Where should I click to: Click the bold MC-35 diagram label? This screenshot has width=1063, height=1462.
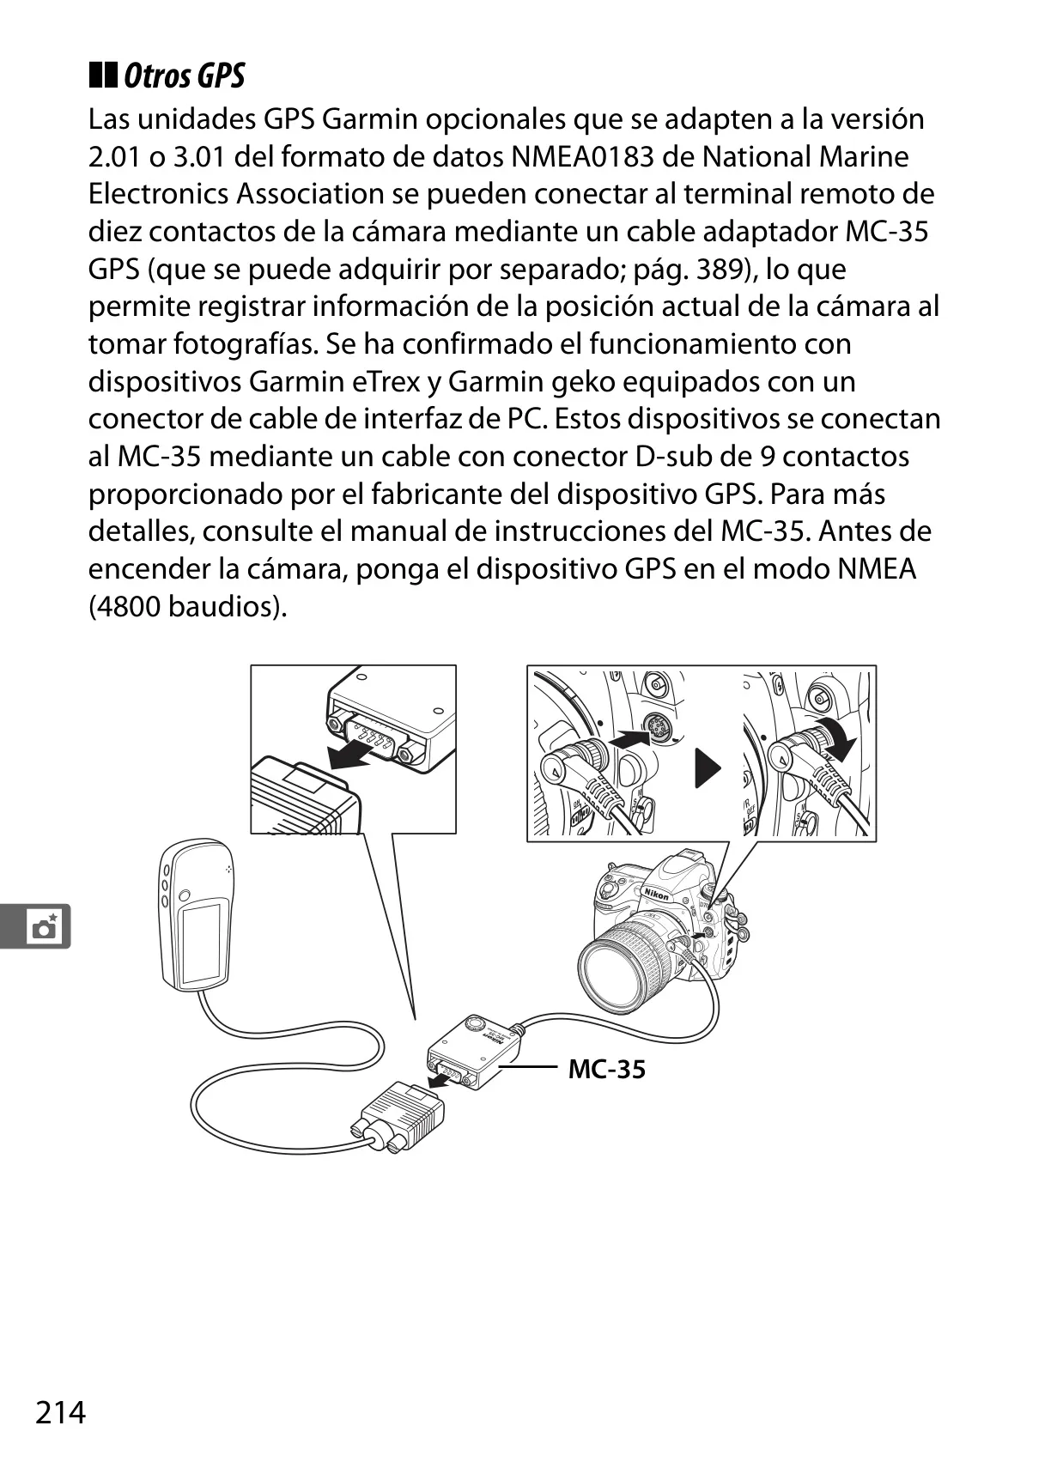[606, 1069]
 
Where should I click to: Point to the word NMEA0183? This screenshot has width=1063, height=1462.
[582, 156]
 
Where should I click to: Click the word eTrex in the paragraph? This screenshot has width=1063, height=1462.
[386, 382]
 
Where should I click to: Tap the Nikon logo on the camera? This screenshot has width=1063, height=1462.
[656, 894]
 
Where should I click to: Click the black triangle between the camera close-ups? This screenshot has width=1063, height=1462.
[708, 767]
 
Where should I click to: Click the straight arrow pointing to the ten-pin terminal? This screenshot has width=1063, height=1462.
[629, 738]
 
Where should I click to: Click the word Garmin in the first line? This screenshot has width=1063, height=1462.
[369, 119]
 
